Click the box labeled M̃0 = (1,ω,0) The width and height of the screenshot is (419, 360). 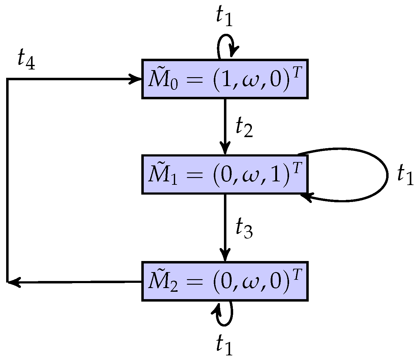(x=225, y=79)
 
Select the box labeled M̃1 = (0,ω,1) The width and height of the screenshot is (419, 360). (x=225, y=174)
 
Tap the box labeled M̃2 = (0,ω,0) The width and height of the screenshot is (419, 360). (x=225, y=281)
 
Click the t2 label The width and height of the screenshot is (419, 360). (x=244, y=127)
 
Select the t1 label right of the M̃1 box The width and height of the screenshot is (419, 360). (x=405, y=175)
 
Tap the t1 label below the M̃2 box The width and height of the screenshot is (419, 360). (x=224, y=345)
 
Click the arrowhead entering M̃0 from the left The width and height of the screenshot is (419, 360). (x=135, y=79)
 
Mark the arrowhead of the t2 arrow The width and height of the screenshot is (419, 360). (x=225, y=148)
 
